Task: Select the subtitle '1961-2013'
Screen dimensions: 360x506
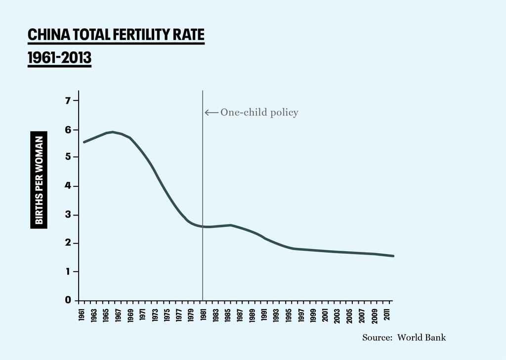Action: coord(59,58)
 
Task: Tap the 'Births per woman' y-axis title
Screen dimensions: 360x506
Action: coord(39,180)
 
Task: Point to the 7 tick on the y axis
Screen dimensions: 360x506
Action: coord(69,100)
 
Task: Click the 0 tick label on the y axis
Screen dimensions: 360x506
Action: coord(69,300)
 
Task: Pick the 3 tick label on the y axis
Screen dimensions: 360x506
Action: coord(69,215)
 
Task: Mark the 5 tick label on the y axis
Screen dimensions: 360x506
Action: coord(69,157)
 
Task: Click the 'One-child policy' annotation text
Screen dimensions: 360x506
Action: coord(259,113)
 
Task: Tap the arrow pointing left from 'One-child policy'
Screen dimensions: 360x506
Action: coord(211,113)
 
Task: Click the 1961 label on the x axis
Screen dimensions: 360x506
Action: coord(82,315)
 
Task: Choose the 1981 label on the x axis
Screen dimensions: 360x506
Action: coord(203,315)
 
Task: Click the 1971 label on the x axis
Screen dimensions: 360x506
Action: coord(142,315)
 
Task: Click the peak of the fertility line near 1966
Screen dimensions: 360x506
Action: coord(113,132)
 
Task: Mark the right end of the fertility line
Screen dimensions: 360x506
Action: coord(393,256)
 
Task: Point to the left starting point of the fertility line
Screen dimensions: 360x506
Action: coord(84,142)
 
